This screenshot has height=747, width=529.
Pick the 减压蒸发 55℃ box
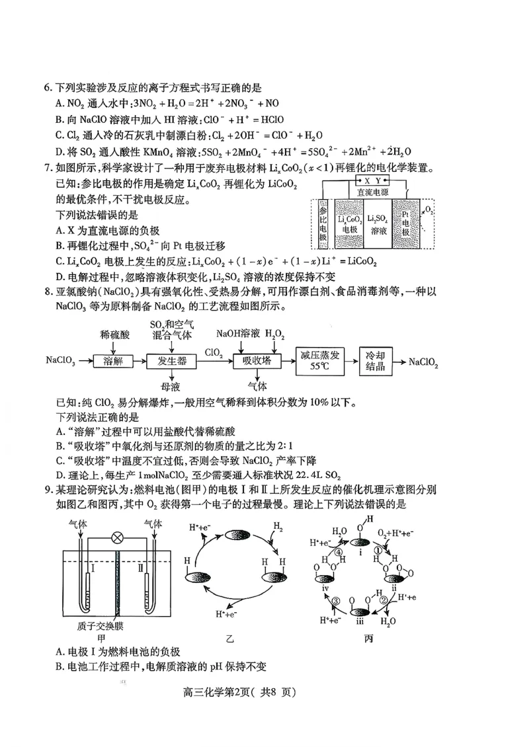coord(321,361)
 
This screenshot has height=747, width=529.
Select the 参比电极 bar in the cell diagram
coord(323,224)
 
